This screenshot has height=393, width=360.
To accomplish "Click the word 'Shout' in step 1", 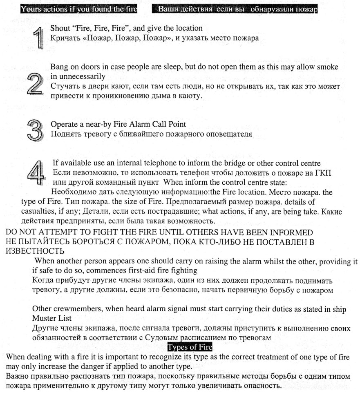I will pyautogui.click(x=60, y=29).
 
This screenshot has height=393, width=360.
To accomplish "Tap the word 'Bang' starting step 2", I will pyautogui.click(x=58, y=67).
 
